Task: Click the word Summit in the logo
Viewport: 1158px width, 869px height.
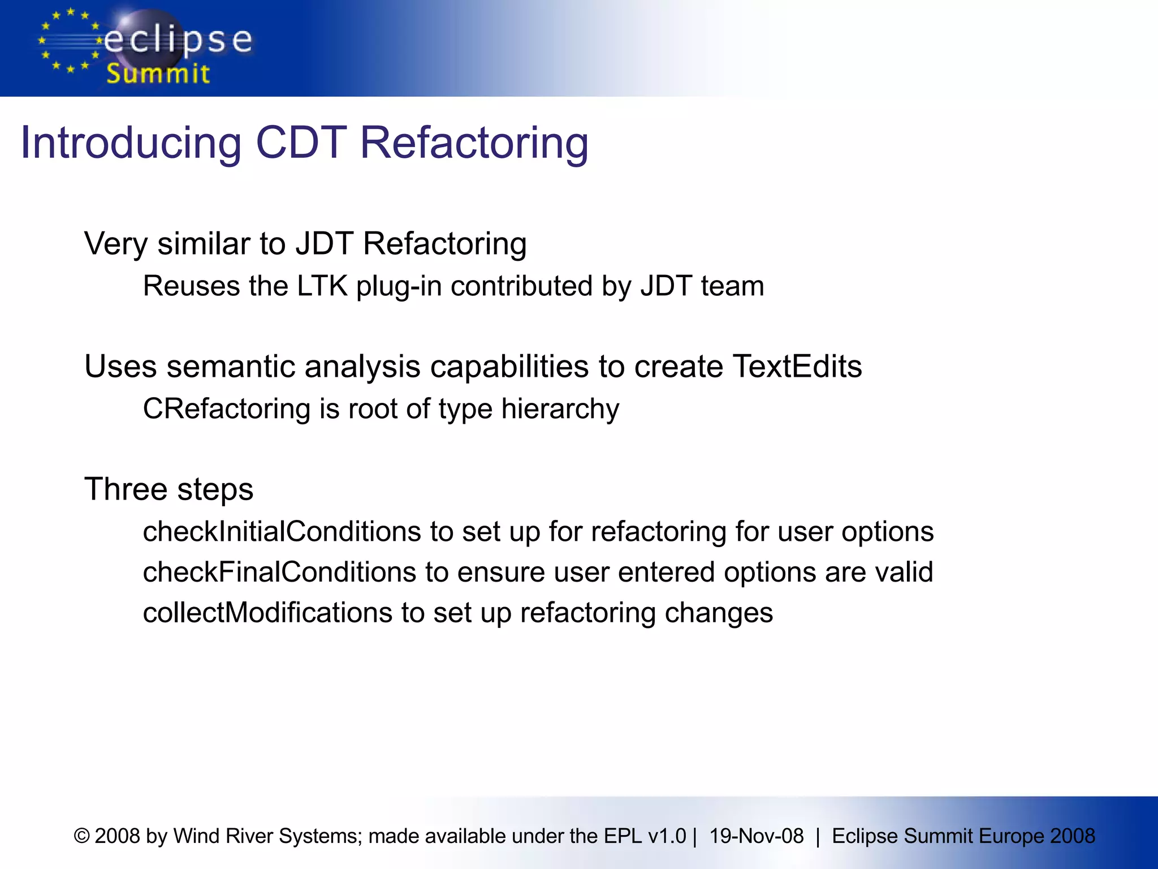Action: point(158,74)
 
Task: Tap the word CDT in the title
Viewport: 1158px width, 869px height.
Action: point(301,143)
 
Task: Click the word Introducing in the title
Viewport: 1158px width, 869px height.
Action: point(131,143)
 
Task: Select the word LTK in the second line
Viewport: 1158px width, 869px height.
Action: point(322,286)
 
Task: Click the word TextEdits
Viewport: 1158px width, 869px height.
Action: point(797,366)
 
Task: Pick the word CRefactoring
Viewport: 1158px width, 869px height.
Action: point(227,408)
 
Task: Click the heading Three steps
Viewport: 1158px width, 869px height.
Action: point(168,489)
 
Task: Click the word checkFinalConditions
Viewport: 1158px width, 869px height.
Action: point(279,572)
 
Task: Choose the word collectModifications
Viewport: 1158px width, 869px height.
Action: point(267,613)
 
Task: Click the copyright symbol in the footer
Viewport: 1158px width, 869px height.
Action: point(82,836)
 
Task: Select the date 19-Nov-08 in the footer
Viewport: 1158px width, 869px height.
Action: point(756,836)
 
